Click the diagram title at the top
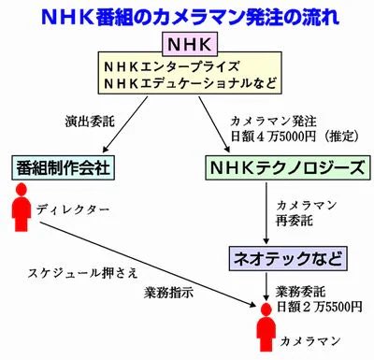point(187,17)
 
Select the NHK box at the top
point(187,44)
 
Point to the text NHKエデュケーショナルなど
point(187,85)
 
